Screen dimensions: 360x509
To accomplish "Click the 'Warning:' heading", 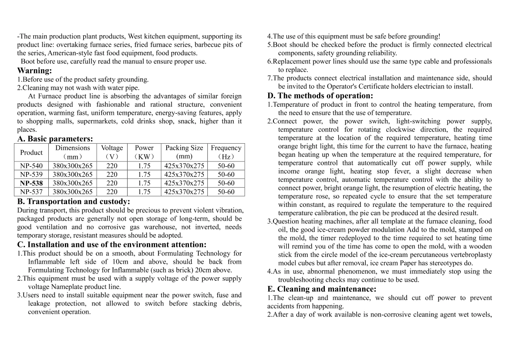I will point(34,71).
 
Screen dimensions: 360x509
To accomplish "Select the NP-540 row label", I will point(31,166).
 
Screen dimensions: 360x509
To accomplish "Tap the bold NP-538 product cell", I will point(31,183).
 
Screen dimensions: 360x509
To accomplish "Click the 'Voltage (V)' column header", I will point(112,152).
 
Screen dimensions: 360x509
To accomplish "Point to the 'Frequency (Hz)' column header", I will point(226,152).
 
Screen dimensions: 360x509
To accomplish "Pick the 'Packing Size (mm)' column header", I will point(184,152).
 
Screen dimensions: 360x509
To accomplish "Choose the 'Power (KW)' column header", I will point(144,152).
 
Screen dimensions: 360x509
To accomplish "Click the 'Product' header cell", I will point(31,152).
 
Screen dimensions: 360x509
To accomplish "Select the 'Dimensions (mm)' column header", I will point(73,152).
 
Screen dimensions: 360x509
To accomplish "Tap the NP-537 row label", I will point(31,192).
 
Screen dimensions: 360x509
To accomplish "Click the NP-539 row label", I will point(31,175).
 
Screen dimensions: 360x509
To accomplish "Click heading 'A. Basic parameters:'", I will point(55,139).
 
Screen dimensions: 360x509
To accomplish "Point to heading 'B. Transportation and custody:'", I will point(74,202).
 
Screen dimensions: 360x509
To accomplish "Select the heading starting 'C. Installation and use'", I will point(111,245).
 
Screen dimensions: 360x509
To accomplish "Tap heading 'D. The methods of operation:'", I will point(320,96).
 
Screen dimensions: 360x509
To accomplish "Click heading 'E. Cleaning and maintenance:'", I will point(322,289).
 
